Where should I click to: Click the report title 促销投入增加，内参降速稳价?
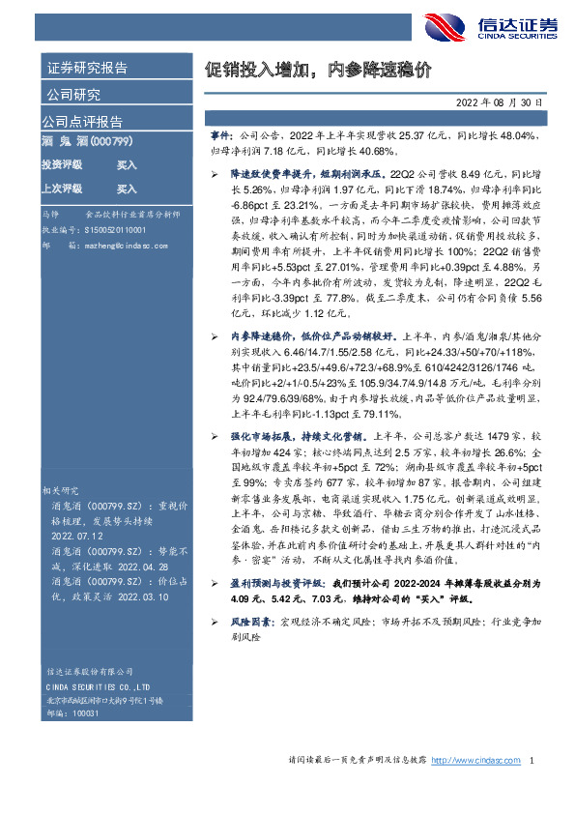point(318,71)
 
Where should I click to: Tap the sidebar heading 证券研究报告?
point(86,69)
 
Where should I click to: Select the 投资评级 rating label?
point(62,165)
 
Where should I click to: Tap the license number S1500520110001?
point(102,232)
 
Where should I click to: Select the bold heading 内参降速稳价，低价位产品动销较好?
point(310,334)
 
